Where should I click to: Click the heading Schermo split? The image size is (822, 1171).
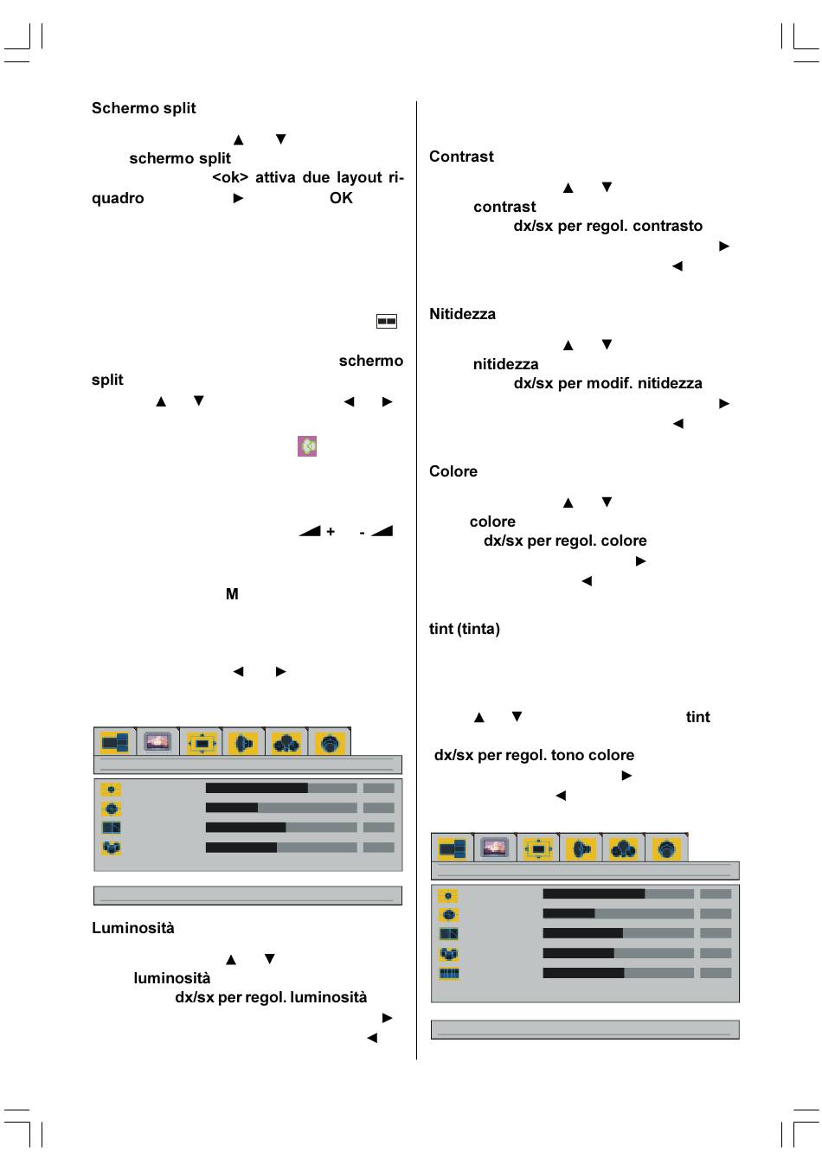tap(144, 108)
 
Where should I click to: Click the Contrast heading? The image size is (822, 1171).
tap(461, 157)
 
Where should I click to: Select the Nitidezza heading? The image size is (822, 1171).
tap(462, 314)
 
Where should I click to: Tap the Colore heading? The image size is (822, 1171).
tap(453, 471)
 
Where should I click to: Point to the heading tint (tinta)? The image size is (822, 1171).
tap(465, 629)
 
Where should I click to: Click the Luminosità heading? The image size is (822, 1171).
tap(133, 928)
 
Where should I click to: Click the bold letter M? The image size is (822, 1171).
tap(232, 594)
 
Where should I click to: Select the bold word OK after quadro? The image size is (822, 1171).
tap(341, 198)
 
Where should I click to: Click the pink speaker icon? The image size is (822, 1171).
tap(307, 446)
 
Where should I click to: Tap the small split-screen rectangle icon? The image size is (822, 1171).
tap(387, 321)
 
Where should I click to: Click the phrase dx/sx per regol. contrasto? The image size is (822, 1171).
tap(607, 226)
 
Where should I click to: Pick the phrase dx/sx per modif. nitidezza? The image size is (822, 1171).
tap(607, 383)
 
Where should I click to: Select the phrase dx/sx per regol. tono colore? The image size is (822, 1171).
tap(534, 755)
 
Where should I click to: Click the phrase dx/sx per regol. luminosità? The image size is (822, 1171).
tap(271, 997)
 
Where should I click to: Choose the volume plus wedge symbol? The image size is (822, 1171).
tap(316, 531)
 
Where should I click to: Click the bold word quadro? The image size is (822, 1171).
tap(118, 198)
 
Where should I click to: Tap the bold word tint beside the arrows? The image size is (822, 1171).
tap(697, 717)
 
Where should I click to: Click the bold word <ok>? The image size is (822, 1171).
tap(230, 177)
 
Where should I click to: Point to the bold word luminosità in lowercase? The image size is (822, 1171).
tap(171, 978)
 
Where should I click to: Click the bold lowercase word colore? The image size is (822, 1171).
tap(492, 522)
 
